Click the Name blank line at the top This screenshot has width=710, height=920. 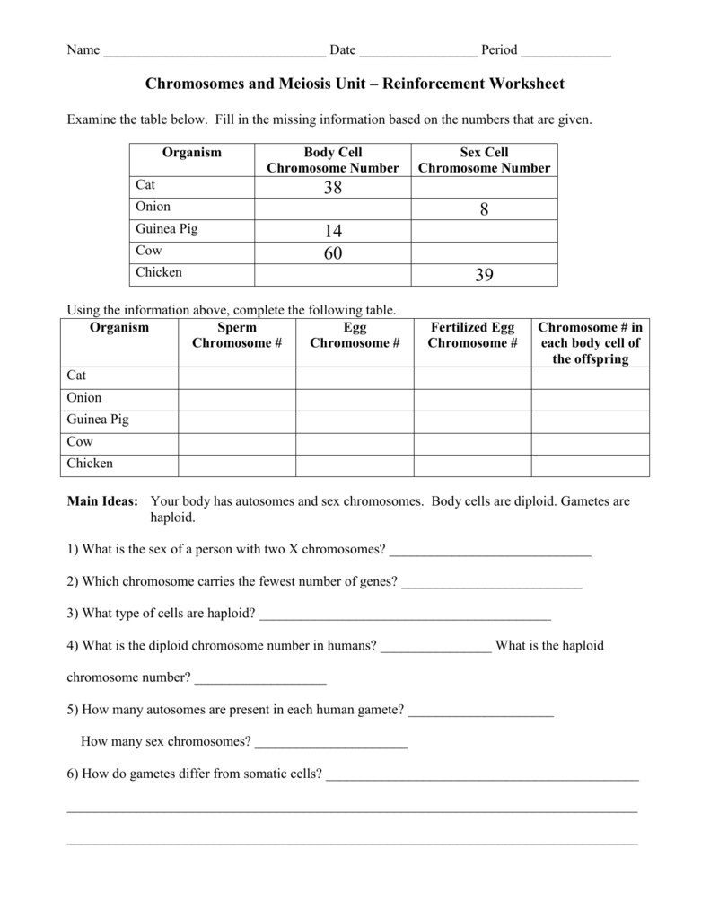pos(215,53)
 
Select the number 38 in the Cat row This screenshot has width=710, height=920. pos(333,188)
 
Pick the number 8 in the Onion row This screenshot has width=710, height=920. pos(484,209)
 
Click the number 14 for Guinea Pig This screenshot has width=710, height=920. pos(333,232)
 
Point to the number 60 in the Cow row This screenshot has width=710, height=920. pos(333,253)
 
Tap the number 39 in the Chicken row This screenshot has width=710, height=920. pos(484,276)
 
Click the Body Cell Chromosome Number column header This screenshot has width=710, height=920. pos(333,160)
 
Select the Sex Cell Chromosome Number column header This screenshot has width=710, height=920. pos(484,160)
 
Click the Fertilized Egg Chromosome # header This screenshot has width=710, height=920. pos(472,335)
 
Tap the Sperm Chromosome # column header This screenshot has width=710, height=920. pos(237,335)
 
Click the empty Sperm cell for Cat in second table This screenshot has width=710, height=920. pos(237,377)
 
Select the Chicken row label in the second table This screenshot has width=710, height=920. pos(90,464)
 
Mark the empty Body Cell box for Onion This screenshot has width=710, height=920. pos(333,209)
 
